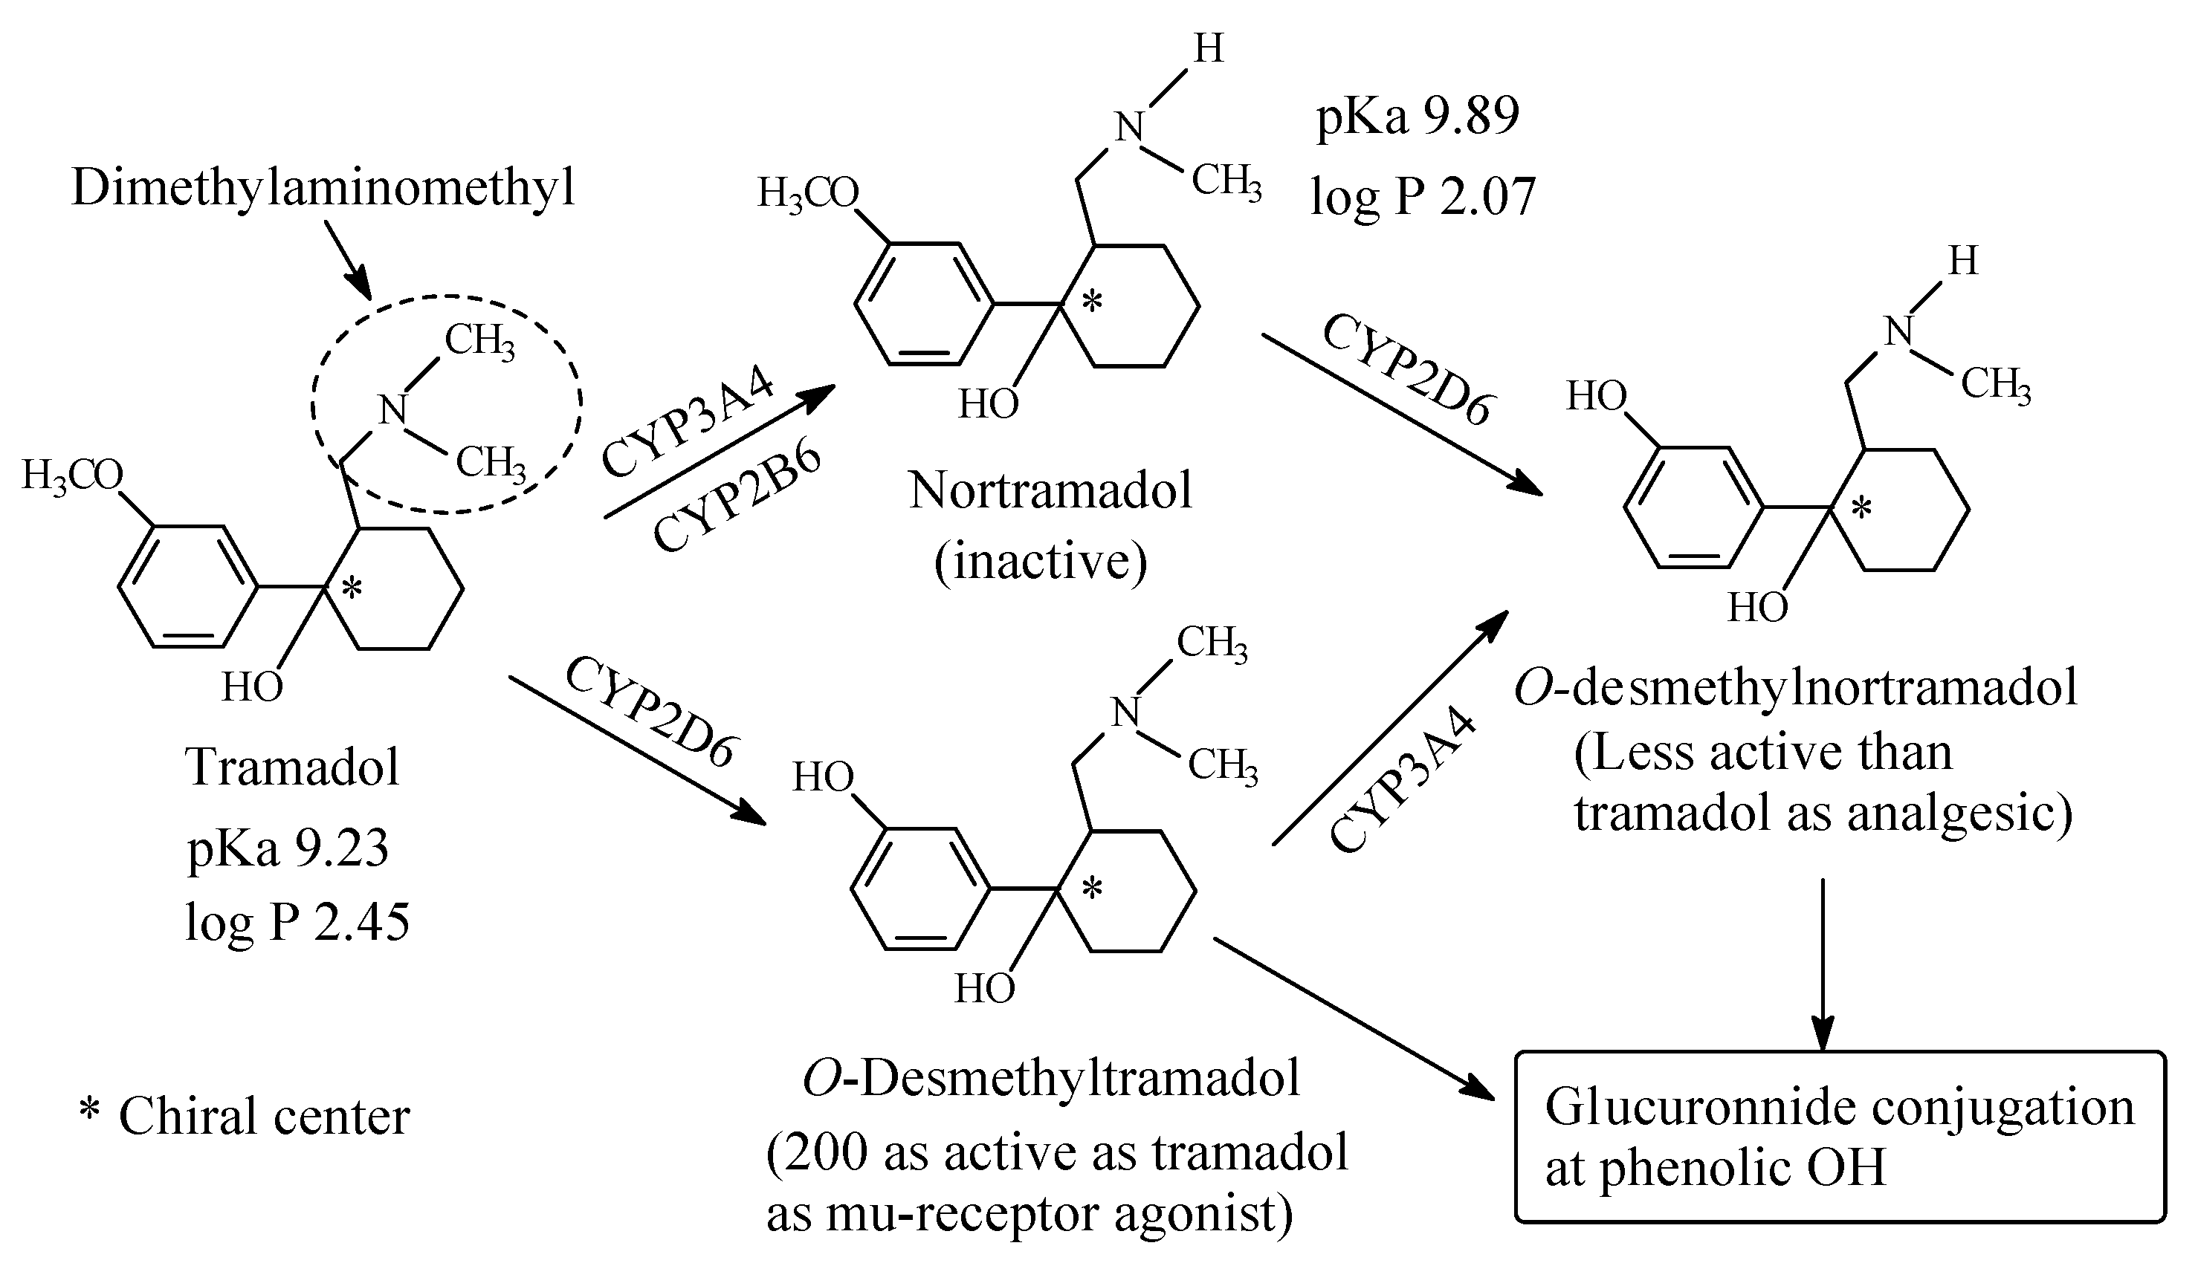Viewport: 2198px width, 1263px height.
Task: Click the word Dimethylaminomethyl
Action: coord(323,188)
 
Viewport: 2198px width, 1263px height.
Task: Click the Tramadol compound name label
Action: coord(292,767)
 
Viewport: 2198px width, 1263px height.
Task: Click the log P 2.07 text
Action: coord(1423,196)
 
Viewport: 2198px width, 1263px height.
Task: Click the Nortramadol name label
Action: coord(1050,491)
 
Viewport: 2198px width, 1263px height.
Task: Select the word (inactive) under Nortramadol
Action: coord(1041,561)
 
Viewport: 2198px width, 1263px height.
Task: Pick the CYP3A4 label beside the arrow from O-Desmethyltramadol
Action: coord(1400,779)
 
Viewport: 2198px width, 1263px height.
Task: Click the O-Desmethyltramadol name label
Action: coord(1051,1079)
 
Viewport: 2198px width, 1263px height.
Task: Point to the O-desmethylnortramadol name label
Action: coord(1795,689)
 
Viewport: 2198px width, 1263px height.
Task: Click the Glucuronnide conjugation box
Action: coord(1840,1137)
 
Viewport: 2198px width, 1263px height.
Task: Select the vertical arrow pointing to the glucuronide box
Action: coord(1823,963)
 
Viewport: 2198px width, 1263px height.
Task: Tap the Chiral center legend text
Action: coord(244,1117)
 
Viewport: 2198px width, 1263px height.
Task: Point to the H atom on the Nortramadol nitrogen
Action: coord(1209,48)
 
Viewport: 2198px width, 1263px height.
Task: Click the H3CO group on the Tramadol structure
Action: coord(72,475)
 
